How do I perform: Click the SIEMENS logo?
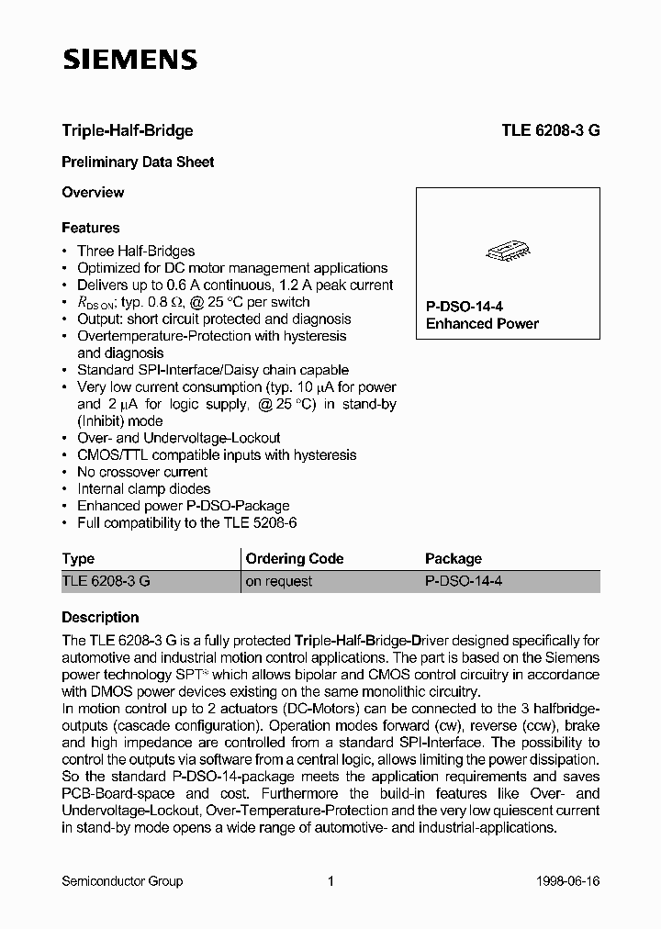[129, 62]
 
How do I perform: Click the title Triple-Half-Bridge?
[127, 130]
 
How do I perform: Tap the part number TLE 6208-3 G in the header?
[551, 130]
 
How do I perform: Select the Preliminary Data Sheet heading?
[138, 162]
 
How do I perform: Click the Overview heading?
[93, 192]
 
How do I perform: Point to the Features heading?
[91, 228]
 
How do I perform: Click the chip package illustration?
[508, 250]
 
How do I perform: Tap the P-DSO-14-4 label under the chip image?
[465, 307]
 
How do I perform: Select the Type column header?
[78, 558]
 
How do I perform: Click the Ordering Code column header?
[295, 558]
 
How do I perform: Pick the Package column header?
[454, 558]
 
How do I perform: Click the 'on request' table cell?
[279, 581]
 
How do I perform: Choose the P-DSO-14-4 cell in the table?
[464, 581]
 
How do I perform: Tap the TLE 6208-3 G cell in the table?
[106, 581]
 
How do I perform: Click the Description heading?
[100, 617]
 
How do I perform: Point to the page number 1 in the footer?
[330, 881]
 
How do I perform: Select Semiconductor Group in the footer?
[122, 881]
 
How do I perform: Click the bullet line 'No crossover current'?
[129, 472]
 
